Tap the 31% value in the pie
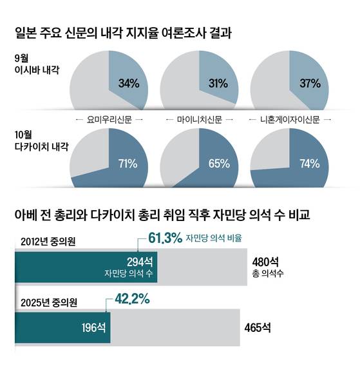pos(218,82)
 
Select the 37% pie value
pos(309,82)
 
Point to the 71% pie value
pos(128,164)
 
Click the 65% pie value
pos(218,164)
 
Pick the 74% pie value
pos(309,164)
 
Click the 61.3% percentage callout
pos(165,238)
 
